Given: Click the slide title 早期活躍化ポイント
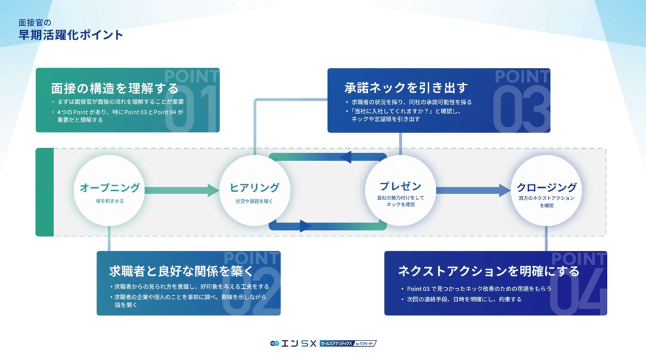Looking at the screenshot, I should pos(71,35).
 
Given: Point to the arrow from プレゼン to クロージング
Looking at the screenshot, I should pos(473,189).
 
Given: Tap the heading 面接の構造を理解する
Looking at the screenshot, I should pos(114,88).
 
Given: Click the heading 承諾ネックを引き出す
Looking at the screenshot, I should pos(397,87).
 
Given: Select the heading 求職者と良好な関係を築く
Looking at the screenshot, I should pos(180,271).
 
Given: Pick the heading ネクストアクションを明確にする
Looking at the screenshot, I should pos(488,272).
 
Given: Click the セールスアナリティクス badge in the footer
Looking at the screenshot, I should pos(348,344).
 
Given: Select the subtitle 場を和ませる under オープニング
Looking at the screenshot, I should pos(110,201).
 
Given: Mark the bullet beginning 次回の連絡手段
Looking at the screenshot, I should pos(464,299).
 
